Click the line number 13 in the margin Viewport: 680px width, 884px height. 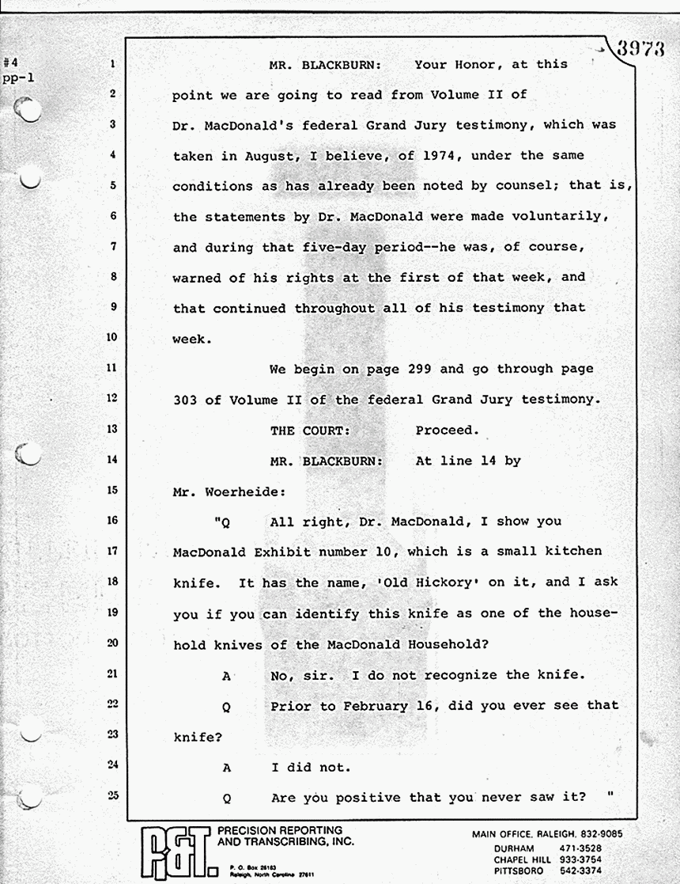(111, 430)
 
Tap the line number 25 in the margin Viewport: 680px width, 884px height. (111, 795)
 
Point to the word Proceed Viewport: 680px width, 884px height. (448, 431)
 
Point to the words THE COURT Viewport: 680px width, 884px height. (308, 431)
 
